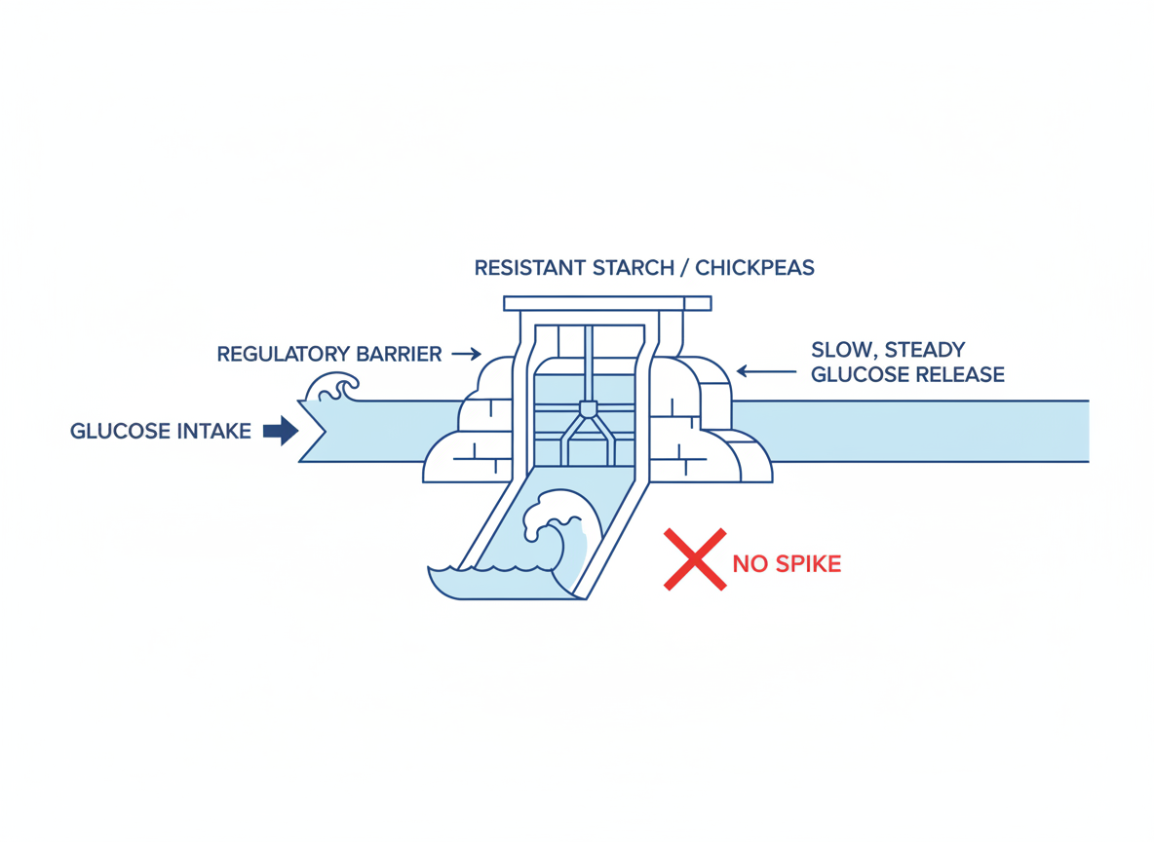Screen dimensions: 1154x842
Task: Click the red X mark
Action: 695,559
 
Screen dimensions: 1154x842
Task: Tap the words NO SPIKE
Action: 787,563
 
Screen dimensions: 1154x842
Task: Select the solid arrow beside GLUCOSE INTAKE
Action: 281,430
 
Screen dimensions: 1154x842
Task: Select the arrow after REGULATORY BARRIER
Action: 467,354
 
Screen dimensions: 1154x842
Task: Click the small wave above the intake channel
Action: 330,388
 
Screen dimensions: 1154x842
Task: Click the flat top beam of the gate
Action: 606,303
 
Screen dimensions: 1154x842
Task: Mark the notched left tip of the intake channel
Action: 312,430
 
